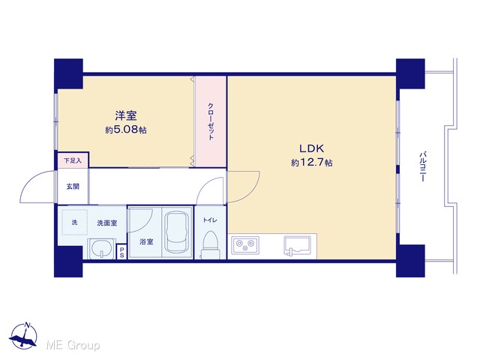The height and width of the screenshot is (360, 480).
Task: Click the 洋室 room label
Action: click(126, 115)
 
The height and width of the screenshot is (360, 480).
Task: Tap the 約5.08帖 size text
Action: click(126, 130)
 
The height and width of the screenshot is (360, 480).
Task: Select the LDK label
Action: click(312, 148)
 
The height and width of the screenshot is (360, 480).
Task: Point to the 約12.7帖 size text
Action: click(312, 163)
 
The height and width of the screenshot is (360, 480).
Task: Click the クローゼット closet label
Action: click(211, 121)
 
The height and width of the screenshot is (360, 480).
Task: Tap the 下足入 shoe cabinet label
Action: click(73, 160)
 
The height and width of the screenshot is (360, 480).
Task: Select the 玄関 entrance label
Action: click(73, 186)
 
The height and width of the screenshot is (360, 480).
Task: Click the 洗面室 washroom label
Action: click(106, 223)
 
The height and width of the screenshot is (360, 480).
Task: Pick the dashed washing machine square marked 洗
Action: click(75, 222)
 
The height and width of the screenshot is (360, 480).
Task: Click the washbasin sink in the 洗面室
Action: click(102, 248)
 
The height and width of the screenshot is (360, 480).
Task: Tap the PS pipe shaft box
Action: click(121, 252)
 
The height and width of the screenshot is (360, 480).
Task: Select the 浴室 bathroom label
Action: click(146, 241)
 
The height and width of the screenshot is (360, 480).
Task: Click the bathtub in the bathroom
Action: click(177, 232)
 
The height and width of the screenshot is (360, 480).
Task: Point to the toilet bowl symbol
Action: click(210, 244)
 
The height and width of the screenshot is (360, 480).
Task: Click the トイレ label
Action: click(210, 220)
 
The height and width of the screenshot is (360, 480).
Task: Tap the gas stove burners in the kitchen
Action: click(245, 245)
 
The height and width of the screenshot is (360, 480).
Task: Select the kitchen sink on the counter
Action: click(297, 245)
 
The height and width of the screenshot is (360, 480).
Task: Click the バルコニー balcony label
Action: click(423, 166)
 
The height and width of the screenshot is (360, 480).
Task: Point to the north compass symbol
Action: click(23, 336)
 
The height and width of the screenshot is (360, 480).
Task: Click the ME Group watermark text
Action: click(73, 346)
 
